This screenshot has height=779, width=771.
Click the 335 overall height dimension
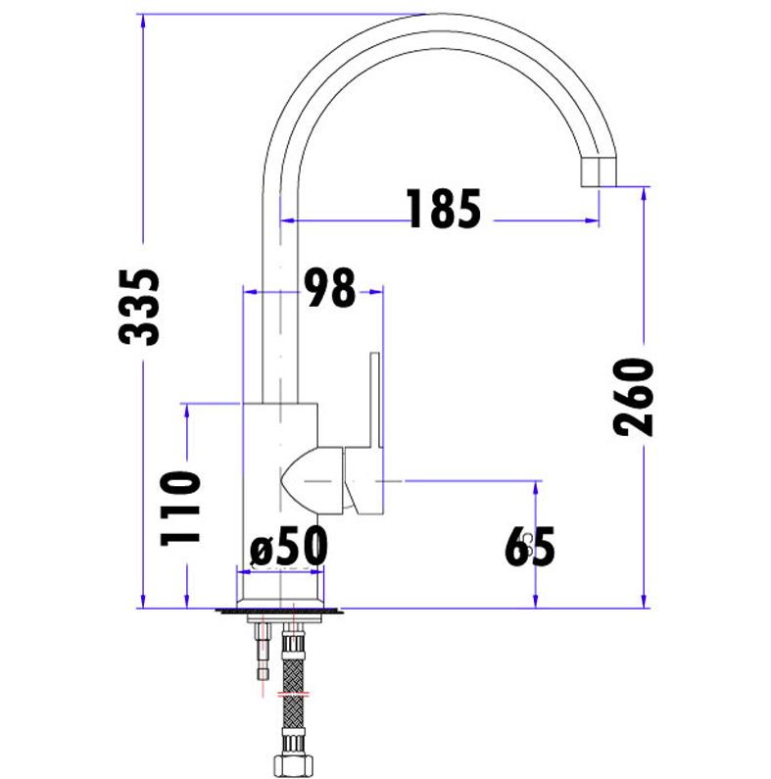point(139,307)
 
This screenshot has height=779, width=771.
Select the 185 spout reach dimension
point(444,209)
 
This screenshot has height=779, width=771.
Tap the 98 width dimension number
point(330,287)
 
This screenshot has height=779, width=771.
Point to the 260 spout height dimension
point(633,397)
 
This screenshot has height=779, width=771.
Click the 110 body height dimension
point(180,509)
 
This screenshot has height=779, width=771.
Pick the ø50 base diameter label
point(289,547)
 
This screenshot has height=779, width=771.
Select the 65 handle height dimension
point(530,547)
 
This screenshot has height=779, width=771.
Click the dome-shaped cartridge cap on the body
point(312,480)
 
